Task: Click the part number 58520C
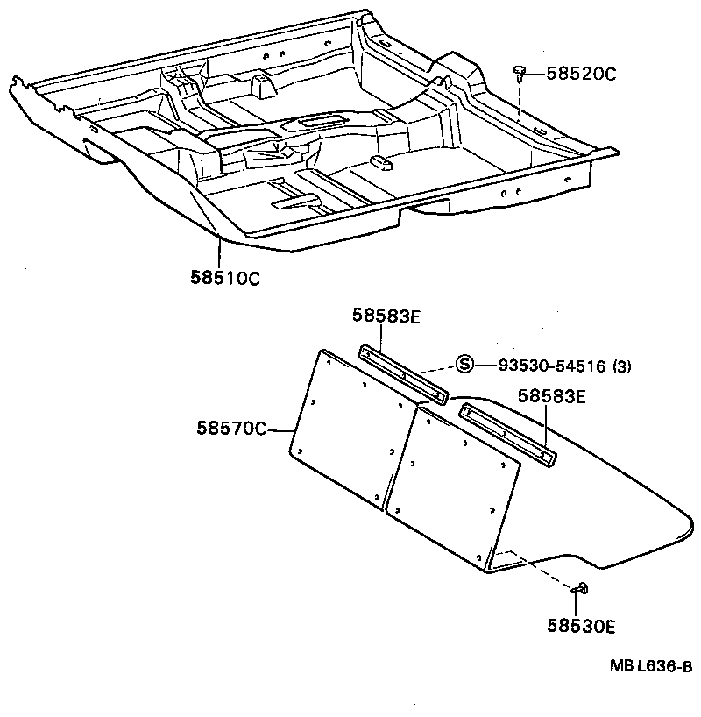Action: (581, 74)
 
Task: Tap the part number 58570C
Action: (230, 429)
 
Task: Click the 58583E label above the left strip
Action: (386, 316)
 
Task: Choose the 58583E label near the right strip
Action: (552, 395)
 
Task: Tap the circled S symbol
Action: (465, 365)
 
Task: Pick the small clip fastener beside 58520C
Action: (520, 70)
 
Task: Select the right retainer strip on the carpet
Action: (507, 433)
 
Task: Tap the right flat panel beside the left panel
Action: (454, 486)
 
